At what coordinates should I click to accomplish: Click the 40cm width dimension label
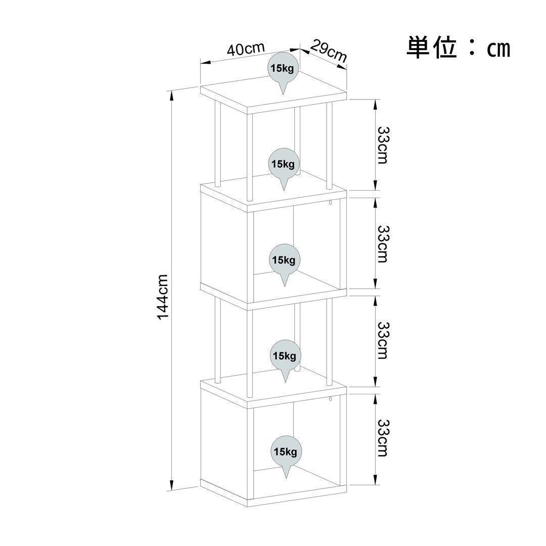[246, 49]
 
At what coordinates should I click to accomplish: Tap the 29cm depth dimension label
[328, 51]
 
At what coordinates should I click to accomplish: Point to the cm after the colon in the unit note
[498, 49]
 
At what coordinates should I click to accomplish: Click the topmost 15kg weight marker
[283, 69]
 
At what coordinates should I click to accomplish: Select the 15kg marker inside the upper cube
[284, 260]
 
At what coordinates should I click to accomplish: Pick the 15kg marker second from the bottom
[284, 356]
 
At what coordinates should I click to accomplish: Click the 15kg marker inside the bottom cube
[285, 451]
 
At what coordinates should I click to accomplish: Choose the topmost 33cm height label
[383, 145]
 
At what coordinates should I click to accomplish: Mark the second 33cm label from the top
[383, 244]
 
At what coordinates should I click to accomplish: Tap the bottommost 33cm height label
[383, 438]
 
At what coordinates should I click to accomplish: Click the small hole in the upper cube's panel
[330, 204]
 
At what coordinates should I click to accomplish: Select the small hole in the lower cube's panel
[330, 400]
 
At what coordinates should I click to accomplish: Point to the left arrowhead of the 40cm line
[204, 63]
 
